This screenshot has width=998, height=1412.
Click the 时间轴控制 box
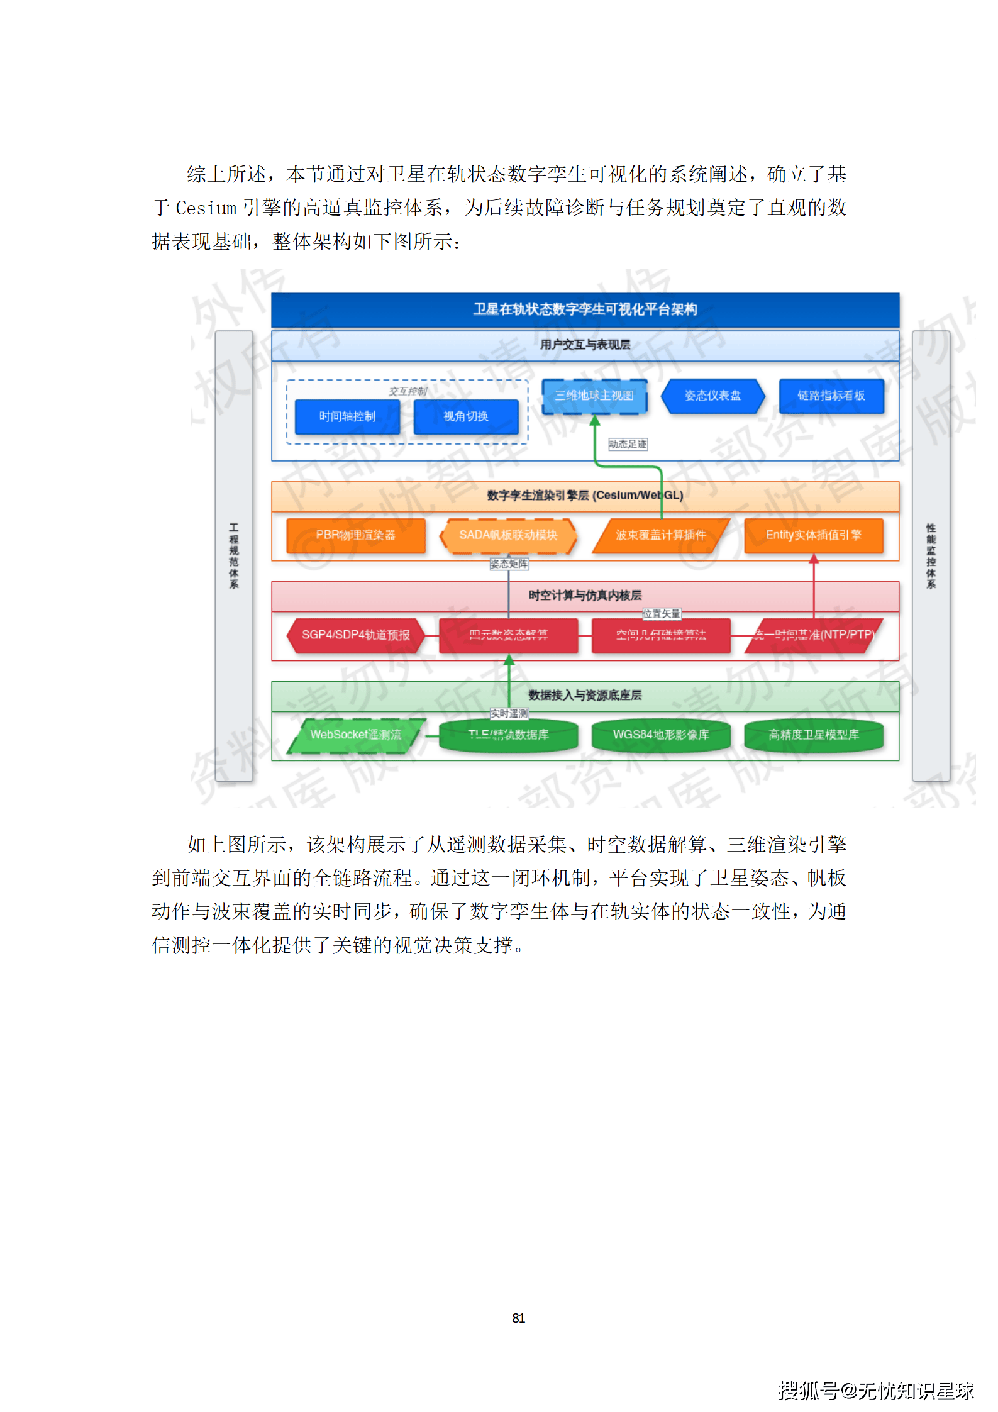pos(347,416)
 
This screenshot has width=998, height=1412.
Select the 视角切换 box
pos(466,416)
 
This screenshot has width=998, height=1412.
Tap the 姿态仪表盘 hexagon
pos(712,396)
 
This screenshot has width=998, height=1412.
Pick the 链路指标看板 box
pos(831,396)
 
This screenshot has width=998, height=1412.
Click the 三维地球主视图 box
pos(594,396)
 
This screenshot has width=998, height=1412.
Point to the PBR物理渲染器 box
pos(355,535)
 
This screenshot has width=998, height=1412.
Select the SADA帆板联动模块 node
pos(508,535)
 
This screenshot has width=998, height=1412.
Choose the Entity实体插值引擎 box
pos(813,535)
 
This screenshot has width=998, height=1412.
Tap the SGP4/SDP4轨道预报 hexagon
pos(355,635)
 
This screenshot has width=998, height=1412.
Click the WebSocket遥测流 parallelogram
pos(355,735)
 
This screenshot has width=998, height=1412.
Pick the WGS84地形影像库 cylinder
pos(661,735)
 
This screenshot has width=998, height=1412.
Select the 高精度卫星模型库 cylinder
pos(813,735)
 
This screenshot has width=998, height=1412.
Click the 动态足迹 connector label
pos(628,444)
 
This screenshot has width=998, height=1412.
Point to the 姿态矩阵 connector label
pos(509,564)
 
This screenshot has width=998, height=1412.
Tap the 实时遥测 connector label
pos(509,713)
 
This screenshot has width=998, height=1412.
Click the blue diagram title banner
pos(585,309)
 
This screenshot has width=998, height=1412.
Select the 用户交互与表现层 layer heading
pos(585,345)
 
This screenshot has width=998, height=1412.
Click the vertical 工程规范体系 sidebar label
pos(234,556)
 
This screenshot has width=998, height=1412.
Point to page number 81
pos(518,1318)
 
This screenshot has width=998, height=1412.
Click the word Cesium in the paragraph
pos(206,208)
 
